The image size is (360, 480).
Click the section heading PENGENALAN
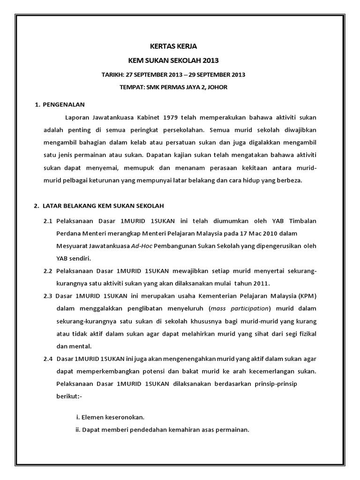63,104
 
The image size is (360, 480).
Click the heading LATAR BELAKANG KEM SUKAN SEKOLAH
103,206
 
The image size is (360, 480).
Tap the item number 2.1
48,220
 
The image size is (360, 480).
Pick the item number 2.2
48,271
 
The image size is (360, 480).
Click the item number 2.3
48,296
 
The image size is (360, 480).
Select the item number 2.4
48,359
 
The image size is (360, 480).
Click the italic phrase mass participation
240,309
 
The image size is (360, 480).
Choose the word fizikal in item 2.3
306,334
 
